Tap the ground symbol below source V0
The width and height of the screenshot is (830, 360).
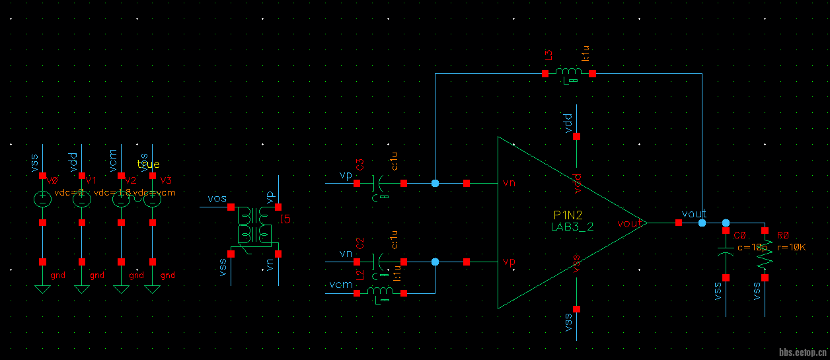42,289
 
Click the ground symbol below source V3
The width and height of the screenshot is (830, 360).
153,289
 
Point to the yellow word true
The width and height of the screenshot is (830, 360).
148,164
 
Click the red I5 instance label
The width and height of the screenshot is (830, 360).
285,219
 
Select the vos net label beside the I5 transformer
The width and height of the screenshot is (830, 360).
217,199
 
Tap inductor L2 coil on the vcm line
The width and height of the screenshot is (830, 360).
380,291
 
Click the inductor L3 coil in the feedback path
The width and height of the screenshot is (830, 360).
568,72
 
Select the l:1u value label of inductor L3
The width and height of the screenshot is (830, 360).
584,55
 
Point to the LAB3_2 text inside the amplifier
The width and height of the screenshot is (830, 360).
572,226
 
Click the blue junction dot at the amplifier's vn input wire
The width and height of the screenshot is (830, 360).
435,183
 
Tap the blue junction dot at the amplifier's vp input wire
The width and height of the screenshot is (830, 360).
435,262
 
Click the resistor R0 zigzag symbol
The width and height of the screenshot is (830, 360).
765,255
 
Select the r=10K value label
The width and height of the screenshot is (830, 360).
792,248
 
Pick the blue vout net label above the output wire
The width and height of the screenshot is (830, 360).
694,214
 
